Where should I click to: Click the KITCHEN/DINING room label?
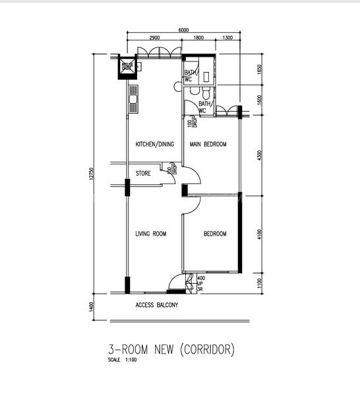pos(155,145)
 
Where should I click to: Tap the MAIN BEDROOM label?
pos(208,145)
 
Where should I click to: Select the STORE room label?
pos(143,174)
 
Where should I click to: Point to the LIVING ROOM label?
pos(151,234)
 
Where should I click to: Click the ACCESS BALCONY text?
pos(157,306)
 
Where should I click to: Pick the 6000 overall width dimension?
pos(183,30)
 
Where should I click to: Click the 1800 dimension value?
pos(198,39)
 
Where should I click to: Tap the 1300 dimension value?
pos(227,39)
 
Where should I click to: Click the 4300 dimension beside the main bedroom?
pos(260,155)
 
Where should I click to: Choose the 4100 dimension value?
pos(260,234)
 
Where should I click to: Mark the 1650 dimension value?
pos(260,69)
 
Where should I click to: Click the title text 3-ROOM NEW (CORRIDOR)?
pos(171,349)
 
